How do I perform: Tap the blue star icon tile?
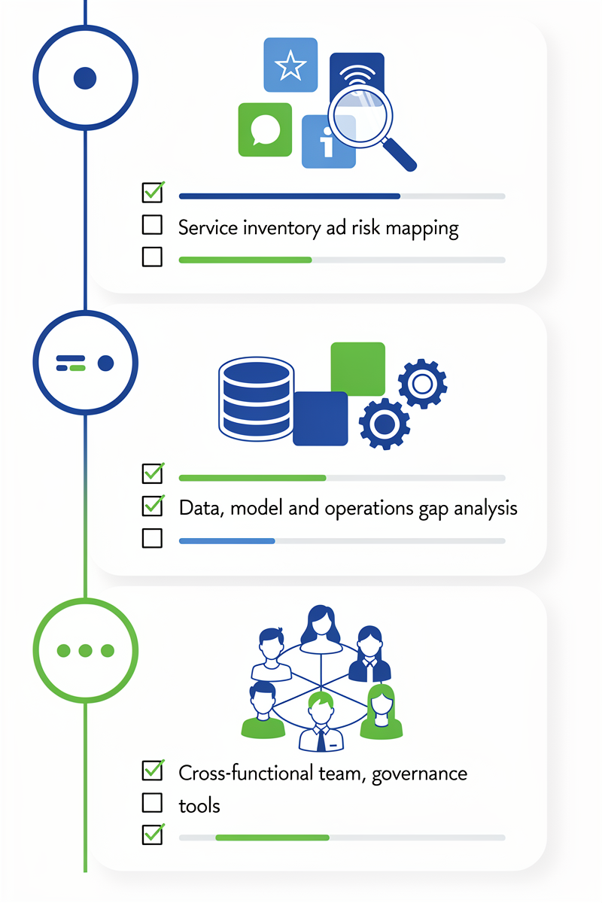pyautogui.click(x=290, y=65)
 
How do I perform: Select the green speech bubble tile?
pyautogui.click(x=264, y=129)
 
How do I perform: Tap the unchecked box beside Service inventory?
pyautogui.click(x=152, y=225)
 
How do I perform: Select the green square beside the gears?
pyautogui.click(x=357, y=368)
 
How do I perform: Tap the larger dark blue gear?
pyautogui.click(x=385, y=424)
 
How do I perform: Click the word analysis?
pyautogui.click(x=486, y=509)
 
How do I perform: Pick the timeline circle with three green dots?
pyautogui.click(x=85, y=650)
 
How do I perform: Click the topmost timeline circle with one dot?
pyautogui.click(x=85, y=78)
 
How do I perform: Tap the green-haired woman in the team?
pyautogui.click(x=382, y=711)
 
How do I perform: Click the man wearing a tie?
pyautogui.click(x=321, y=722)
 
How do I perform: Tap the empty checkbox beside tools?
pyautogui.click(x=152, y=803)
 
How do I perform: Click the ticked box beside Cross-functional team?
pyautogui.click(x=152, y=771)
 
